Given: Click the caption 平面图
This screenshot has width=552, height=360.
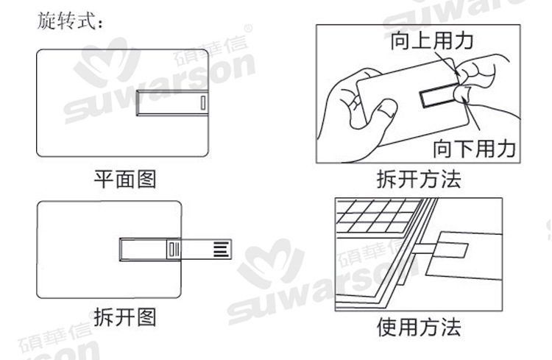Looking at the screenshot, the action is coord(124,179).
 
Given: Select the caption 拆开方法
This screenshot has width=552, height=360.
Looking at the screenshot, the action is coord(417,179).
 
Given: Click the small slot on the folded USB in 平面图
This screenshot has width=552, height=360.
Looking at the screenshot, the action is coord(203,103).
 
